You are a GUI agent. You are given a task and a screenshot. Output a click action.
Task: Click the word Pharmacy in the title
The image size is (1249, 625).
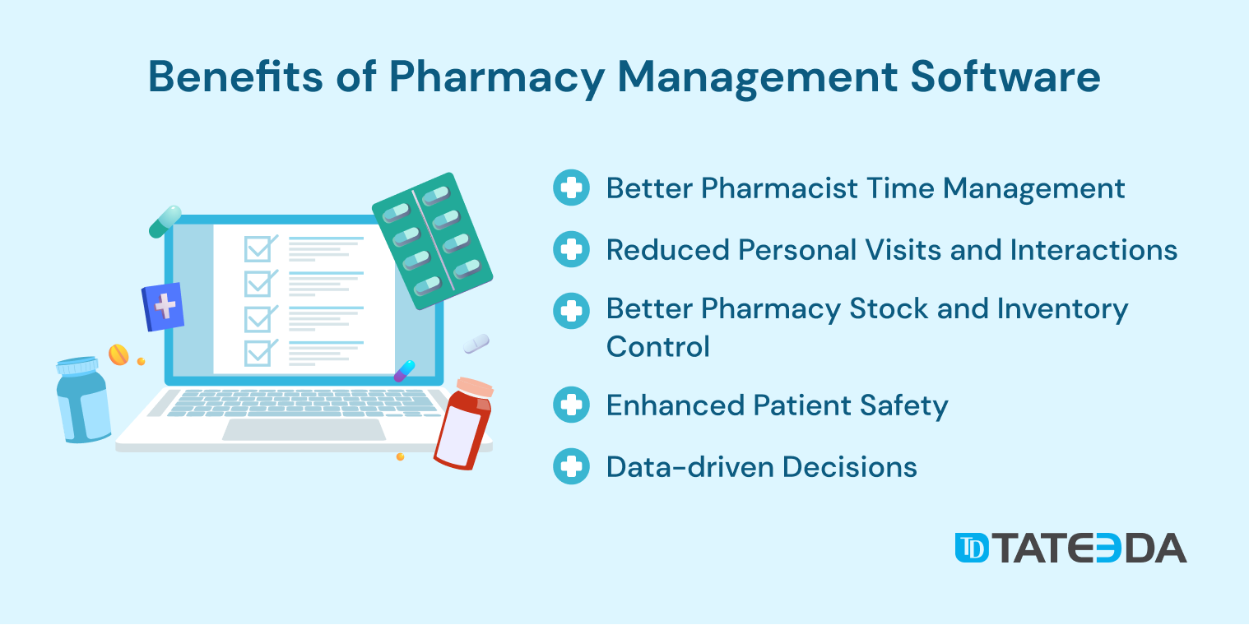(x=496, y=78)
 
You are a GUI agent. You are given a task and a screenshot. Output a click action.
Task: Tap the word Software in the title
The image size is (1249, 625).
(x=1005, y=76)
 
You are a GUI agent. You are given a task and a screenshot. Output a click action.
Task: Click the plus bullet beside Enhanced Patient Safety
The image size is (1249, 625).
(x=571, y=405)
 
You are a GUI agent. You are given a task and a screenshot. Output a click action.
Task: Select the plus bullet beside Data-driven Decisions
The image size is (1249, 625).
(x=571, y=466)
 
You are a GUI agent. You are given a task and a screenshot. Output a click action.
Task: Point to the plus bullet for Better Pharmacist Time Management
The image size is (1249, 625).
(x=571, y=187)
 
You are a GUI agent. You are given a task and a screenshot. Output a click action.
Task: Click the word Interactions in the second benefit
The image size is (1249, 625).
(x=1093, y=249)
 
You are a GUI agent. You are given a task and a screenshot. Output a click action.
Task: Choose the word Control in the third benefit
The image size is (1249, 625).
(x=658, y=346)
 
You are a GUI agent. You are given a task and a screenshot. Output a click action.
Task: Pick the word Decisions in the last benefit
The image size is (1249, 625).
(x=850, y=466)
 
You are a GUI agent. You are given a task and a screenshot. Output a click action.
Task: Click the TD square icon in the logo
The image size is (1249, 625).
(x=972, y=548)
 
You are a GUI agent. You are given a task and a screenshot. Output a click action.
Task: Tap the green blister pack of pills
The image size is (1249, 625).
(x=433, y=241)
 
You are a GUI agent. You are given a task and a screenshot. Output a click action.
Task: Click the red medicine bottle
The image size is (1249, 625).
(x=463, y=424)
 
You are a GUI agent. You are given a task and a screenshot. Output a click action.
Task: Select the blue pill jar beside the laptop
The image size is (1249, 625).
(x=83, y=400)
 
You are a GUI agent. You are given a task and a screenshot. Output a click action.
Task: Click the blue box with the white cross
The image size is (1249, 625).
(x=163, y=307)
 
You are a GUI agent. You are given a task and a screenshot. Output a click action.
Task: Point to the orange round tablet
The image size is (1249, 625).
(x=118, y=354)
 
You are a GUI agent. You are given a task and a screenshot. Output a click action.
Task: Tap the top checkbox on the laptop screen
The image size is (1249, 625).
(x=258, y=248)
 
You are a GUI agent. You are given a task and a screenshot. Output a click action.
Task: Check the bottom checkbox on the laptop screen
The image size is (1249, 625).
(x=258, y=353)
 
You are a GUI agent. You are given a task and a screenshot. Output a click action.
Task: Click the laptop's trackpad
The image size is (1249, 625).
(x=304, y=429)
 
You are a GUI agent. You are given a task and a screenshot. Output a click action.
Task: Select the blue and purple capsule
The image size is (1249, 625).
(x=404, y=371)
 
